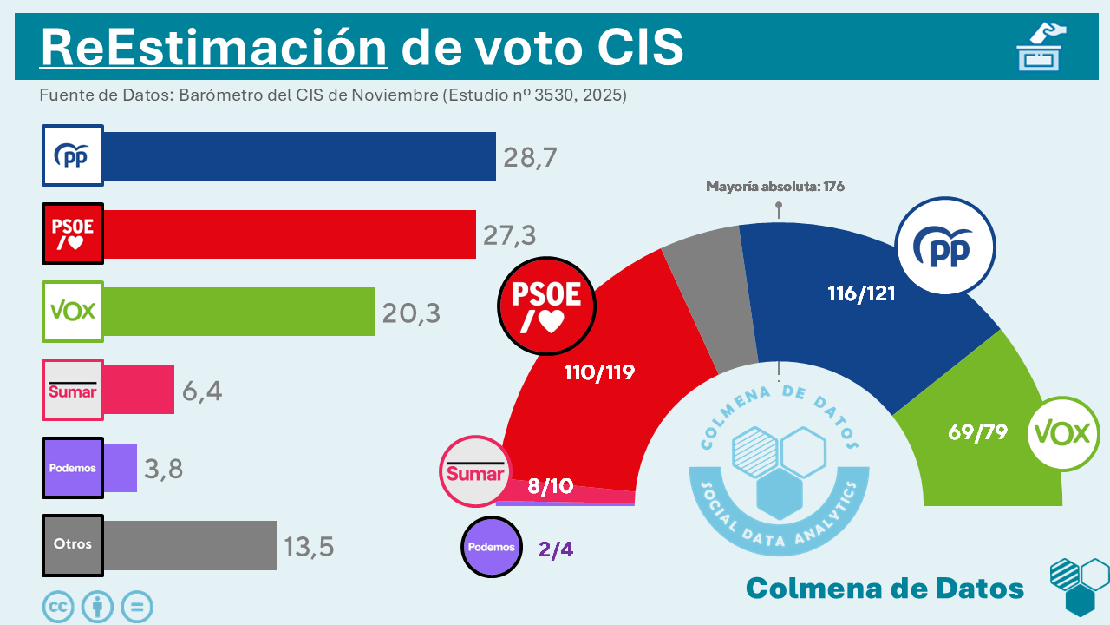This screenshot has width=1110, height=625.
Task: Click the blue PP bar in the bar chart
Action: [x=299, y=156]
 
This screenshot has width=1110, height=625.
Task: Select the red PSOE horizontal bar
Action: [x=290, y=234]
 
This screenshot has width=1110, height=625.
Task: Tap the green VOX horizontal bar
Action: [x=238, y=312]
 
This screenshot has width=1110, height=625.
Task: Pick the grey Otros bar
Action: [x=190, y=545]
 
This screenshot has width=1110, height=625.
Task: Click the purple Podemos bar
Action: [x=121, y=468]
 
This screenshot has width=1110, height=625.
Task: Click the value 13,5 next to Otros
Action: [x=309, y=547]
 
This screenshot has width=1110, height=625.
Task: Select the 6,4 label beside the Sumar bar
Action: [x=202, y=391]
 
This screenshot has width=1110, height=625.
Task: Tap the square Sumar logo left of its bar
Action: [x=73, y=390]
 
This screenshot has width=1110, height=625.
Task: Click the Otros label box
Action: [x=73, y=545]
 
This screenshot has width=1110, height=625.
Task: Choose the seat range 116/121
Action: [x=860, y=293]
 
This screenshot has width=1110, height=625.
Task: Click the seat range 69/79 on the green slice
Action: [x=977, y=431]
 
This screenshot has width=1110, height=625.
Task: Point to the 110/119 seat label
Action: [x=599, y=372]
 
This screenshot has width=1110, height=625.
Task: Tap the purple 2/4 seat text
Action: [x=556, y=549]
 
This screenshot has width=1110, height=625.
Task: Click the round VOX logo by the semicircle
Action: [x=1063, y=433]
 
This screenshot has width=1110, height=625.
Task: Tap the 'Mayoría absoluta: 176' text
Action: [x=774, y=186]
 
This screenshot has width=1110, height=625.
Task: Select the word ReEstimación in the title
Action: [x=213, y=47]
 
